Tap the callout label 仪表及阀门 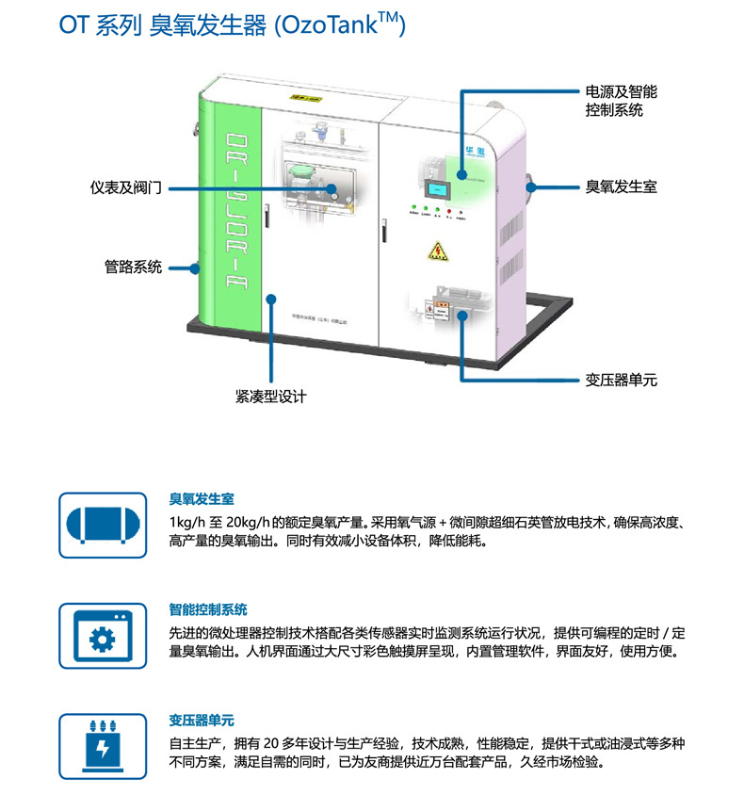point(126,188)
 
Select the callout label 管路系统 point(133,268)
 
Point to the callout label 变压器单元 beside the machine point(621,381)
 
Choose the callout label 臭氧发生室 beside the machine point(621,187)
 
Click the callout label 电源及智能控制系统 point(621,101)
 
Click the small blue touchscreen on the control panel point(435,191)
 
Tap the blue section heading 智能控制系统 point(208,609)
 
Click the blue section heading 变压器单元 point(202,721)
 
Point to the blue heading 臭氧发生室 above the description point(202,498)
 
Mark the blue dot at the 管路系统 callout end point(196,268)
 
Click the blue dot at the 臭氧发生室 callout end point(531,187)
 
